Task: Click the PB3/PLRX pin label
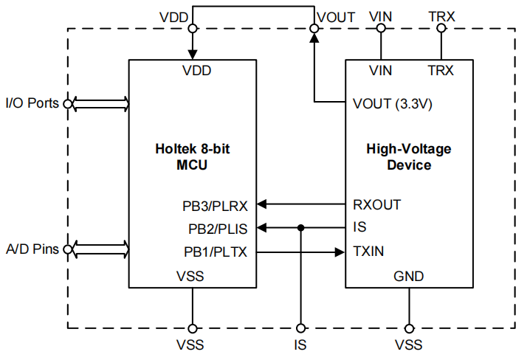215,206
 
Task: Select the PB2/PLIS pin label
218,229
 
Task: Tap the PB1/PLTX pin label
216,252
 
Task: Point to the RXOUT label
377,204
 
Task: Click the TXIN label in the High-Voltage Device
368,252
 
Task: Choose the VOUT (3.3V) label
393,104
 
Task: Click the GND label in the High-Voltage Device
408,276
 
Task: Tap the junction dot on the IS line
301,228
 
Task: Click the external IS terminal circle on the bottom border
300,328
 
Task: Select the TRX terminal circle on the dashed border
441,28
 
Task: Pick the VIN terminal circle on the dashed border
381,28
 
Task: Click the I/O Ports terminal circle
68,104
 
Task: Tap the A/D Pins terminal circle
68,249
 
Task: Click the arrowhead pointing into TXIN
340,252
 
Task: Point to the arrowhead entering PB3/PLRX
261,204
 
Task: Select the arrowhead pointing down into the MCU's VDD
193,55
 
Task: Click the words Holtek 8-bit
193,148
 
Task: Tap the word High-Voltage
409,149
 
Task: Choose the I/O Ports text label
32,103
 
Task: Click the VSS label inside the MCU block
190,276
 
